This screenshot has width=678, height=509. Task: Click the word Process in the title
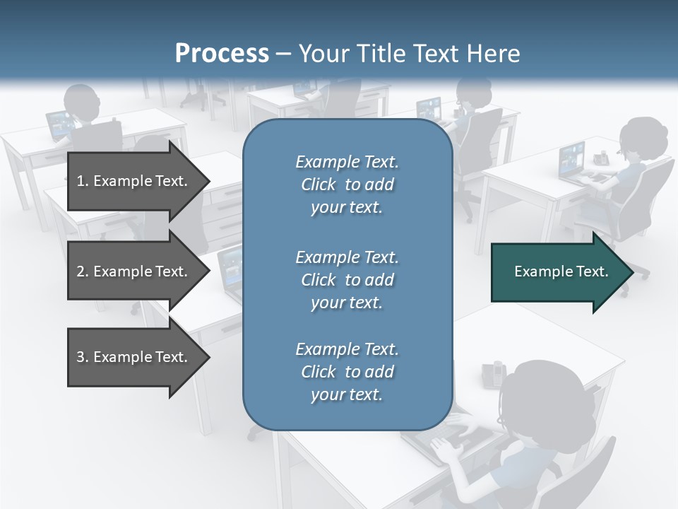coord(222,54)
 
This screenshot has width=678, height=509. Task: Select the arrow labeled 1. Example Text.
coord(134,181)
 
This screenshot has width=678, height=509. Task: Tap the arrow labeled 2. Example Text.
coord(134,271)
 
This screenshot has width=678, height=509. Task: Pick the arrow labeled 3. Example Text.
coord(134,357)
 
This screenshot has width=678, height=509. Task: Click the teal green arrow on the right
coord(558,271)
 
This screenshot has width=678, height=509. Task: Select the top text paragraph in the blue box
coord(347,185)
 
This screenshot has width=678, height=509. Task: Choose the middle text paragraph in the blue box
coord(347,279)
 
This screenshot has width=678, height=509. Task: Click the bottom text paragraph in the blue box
coord(347,372)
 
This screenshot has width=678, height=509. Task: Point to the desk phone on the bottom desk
coord(494,373)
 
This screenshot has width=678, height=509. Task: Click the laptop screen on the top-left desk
coord(59,124)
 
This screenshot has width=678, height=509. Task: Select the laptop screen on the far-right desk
coord(571,158)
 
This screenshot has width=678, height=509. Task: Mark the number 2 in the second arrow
coord(80,271)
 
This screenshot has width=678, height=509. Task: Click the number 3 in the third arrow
coord(80,357)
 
